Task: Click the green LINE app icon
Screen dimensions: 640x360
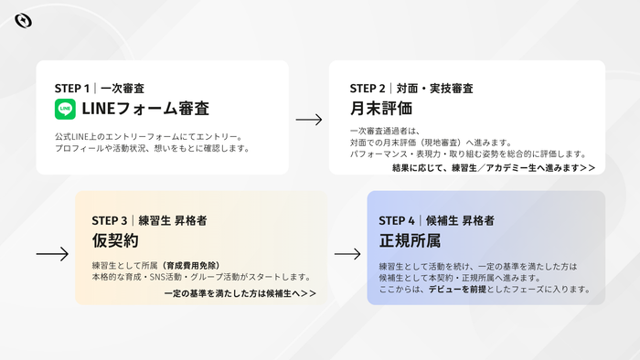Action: (65, 109)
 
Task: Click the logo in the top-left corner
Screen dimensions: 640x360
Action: (23, 21)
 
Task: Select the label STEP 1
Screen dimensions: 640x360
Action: (72, 89)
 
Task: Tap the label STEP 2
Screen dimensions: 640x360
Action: (368, 89)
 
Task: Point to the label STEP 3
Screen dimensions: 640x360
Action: (110, 220)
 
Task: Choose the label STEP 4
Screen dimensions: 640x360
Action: (397, 220)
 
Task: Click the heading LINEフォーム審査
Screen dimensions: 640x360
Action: (145, 109)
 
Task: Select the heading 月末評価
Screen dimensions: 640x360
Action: (381, 109)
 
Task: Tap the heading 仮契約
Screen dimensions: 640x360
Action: (115, 240)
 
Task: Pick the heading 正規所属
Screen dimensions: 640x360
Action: (410, 240)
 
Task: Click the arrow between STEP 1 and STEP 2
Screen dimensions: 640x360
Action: (309, 120)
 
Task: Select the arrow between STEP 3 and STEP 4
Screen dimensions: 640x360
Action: (347, 254)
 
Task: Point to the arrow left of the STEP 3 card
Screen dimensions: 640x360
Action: (52, 254)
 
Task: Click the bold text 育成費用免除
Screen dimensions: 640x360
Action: (191, 266)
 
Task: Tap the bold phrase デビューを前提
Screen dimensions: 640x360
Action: (457, 290)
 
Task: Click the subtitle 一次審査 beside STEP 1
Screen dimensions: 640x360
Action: (123, 89)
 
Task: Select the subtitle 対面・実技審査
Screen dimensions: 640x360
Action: (434, 89)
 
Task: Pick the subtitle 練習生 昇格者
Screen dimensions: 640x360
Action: (173, 220)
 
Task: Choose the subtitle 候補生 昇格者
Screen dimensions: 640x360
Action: (460, 220)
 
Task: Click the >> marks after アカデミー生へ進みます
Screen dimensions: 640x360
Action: (588, 168)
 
